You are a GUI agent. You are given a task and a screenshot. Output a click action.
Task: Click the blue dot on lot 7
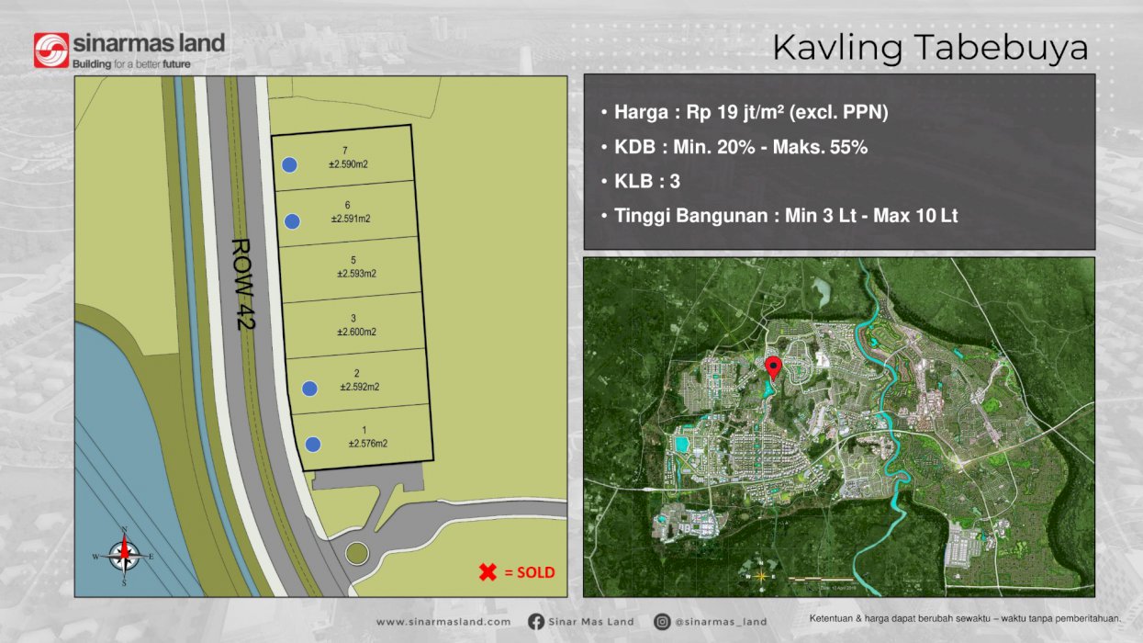click(x=289, y=164)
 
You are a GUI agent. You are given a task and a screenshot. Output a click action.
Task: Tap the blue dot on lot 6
click(x=293, y=220)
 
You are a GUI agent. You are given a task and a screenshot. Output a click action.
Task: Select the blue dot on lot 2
click(x=309, y=389)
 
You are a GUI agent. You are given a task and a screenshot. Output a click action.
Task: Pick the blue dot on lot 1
click(x=313, y=445)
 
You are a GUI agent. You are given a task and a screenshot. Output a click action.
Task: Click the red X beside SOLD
click(x=487, y=572)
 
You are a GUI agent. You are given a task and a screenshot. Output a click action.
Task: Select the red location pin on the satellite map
click(x=773, y=367)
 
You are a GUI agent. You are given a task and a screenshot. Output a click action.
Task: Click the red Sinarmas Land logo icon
click(x=51, y=51)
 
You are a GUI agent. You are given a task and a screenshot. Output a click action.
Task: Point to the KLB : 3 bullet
click(x=646, y=181)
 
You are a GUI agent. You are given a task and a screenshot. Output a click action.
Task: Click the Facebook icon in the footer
click(x=536, y=622)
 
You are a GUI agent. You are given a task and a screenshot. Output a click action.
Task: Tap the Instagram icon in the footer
click(x=662, y=622)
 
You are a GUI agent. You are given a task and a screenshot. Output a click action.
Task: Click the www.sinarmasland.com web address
click(x=443, y=622)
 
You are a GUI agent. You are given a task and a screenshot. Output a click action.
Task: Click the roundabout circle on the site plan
click(x=356, y=554)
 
